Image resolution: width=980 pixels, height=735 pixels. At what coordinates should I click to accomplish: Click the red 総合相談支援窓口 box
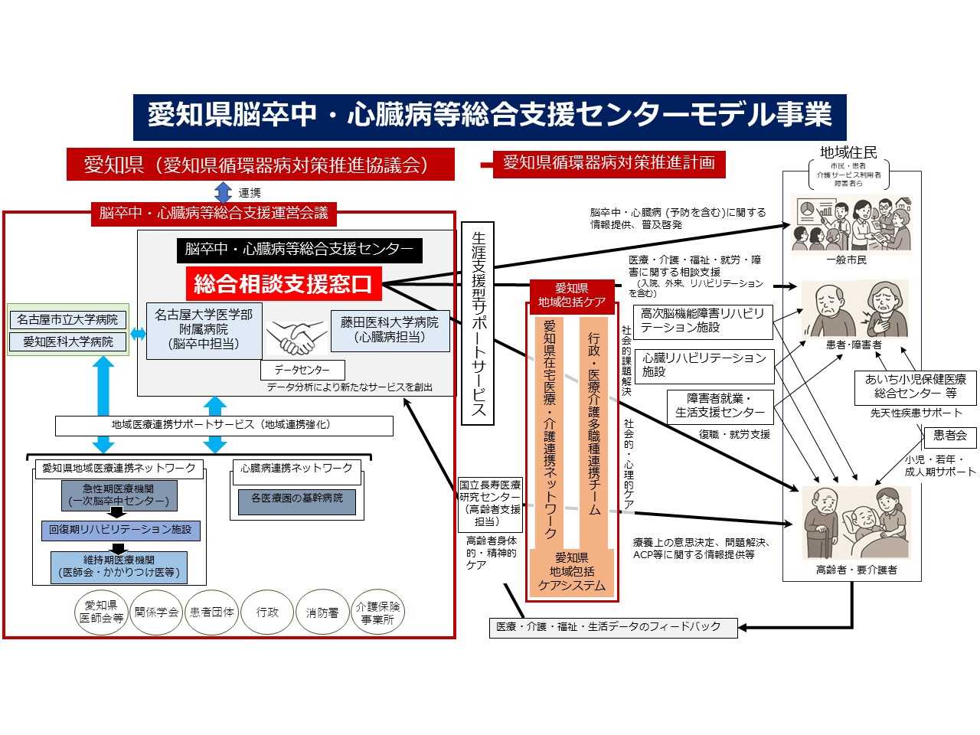[283, 284]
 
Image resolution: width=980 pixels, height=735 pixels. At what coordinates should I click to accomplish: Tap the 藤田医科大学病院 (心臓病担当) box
[390, 330]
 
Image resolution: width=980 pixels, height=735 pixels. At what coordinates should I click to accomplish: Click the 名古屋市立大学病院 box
[67, 319]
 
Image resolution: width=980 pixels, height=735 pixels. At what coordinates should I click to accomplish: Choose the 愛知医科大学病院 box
[67, 341]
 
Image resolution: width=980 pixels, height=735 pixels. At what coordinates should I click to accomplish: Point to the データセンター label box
[302, 370]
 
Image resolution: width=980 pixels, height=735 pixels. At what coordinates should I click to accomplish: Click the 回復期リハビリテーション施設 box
[120, 530]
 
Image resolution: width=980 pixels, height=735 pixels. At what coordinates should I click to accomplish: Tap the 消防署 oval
[322, 612]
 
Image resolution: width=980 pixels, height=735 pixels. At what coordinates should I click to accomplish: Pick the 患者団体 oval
[212, 612]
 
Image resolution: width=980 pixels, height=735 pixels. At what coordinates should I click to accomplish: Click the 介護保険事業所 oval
[377, 612]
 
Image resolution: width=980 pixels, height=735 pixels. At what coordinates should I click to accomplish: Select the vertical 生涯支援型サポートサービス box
[479, 323]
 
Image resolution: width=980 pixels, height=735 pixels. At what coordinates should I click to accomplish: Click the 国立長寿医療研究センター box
[490, 504]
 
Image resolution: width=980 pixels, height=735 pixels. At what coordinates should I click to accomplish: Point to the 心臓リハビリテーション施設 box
[704, 364]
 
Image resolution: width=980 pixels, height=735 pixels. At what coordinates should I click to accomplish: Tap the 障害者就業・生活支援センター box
[720, 406]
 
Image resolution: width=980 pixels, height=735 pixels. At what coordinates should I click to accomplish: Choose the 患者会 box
[950, 436]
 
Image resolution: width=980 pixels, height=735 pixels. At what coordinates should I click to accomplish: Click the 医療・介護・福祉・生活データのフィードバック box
[613, 627]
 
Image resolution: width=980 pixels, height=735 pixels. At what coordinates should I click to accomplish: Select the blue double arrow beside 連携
[223, 191]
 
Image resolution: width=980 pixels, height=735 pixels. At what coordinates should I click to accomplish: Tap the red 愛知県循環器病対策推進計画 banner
[608, 163]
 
